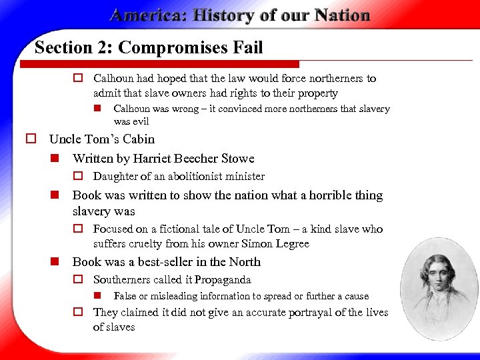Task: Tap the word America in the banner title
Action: pyautogui.click(x=148, y=15)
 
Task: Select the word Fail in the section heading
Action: pyautogui.click(x=247, y=48)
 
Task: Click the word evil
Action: pyautogui.click(x=139, y=122)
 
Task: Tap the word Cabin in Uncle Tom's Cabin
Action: pyautogui.click(x=138, y=139)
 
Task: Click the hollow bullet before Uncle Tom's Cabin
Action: pyautogui.click(x=31, y=139)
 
